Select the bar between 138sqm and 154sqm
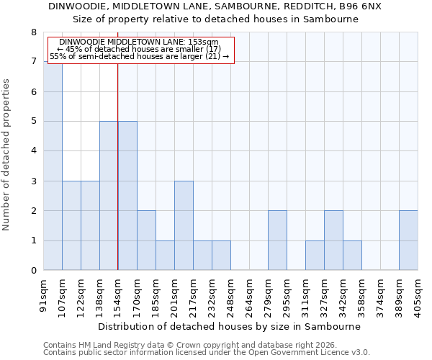pyautogui.click(x=109, y=196)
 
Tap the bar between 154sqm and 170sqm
pyautogui.click(x=127, y=196)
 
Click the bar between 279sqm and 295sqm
pyautogui.click(x=277, y=240)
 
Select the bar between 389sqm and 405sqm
pyautogui.click(x=408, y=240)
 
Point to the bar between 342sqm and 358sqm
pyautogui.click(x=352, y=256)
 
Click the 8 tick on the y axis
pyautogui.click(x=33, y=32)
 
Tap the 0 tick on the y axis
pyautogui.click(x=33, y=271)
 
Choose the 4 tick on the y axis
pyautogui.click(x=33, y=152)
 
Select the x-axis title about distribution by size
pyautogui.click(x=230, y=326)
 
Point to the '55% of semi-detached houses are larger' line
pyautogui.click(x=140, y=56)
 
